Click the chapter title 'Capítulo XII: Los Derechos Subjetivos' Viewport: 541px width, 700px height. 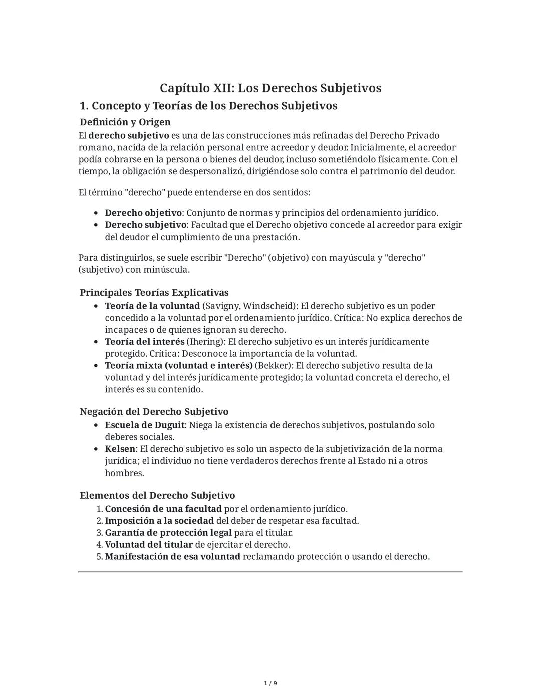coord(270,88)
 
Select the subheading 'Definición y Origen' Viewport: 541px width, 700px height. coord(125,122)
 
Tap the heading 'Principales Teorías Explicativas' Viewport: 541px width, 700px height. coord(154,292)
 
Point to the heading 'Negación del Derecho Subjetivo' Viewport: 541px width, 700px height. coord(154,411)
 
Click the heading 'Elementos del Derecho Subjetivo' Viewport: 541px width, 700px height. coord(157,495)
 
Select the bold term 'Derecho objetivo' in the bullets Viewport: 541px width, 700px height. coord(143,213)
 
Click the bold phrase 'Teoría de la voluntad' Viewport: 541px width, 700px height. coord(152,306)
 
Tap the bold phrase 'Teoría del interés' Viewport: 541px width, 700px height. coord(144,342)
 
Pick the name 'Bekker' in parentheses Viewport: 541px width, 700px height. coord(274,365)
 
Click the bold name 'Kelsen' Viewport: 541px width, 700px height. coord(120,449)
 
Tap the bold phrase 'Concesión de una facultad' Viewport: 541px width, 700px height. coord(163,509)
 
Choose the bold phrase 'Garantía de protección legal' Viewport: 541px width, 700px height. coord(168,533)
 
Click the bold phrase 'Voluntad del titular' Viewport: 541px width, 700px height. coord(149,545)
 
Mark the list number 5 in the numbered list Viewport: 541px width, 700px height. coord(99,557)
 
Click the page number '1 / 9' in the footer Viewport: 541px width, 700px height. coord(270,684)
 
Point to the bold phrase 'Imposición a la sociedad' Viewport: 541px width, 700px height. coord(159,521)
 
